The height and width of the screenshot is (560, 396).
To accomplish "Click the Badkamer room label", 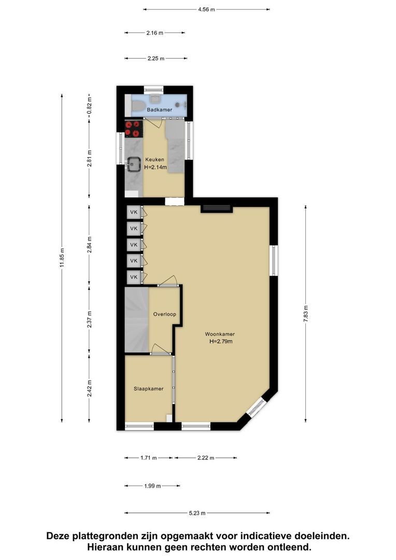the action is click(159, 109).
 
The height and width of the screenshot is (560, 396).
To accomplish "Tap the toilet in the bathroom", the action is click(137, 106).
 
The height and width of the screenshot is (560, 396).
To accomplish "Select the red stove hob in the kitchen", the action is click(134, 129).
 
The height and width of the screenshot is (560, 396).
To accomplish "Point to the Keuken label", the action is click(154, 160).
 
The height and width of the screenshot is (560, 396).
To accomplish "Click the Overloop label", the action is click(165, 314).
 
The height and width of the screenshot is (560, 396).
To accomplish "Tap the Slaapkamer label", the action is click(149, 388).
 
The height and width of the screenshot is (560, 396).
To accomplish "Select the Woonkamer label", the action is click(220, 334).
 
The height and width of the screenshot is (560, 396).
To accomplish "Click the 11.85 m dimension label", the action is click(62, 258).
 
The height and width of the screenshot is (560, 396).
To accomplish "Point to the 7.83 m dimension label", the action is click(306, 314).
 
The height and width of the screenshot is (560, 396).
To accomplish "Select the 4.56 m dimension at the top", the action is click(206, 10).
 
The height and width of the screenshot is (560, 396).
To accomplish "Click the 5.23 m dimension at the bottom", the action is click(197, 513).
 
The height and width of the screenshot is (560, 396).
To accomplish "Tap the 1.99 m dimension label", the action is click(152, 486).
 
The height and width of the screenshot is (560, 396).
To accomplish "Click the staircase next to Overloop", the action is click(136, 319).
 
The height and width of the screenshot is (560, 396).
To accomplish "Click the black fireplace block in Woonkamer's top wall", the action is click(216, 208).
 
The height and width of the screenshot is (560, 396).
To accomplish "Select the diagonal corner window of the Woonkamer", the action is click(257, 407).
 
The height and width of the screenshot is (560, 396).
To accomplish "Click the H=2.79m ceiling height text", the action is click(221, 341).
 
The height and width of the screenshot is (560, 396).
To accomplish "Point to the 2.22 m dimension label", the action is click(206, 458).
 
